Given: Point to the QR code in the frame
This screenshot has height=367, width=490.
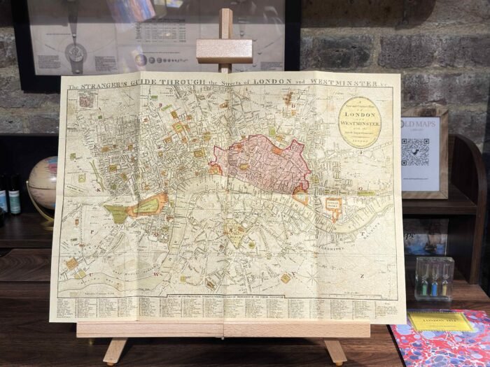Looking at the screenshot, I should [x=415, y=152].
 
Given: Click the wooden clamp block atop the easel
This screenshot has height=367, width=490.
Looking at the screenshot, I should [x=224, y=50].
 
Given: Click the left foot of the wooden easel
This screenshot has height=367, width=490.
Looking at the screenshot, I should [x=114, y=351].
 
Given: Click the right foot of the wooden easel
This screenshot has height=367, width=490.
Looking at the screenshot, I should [x=335, y=352].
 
